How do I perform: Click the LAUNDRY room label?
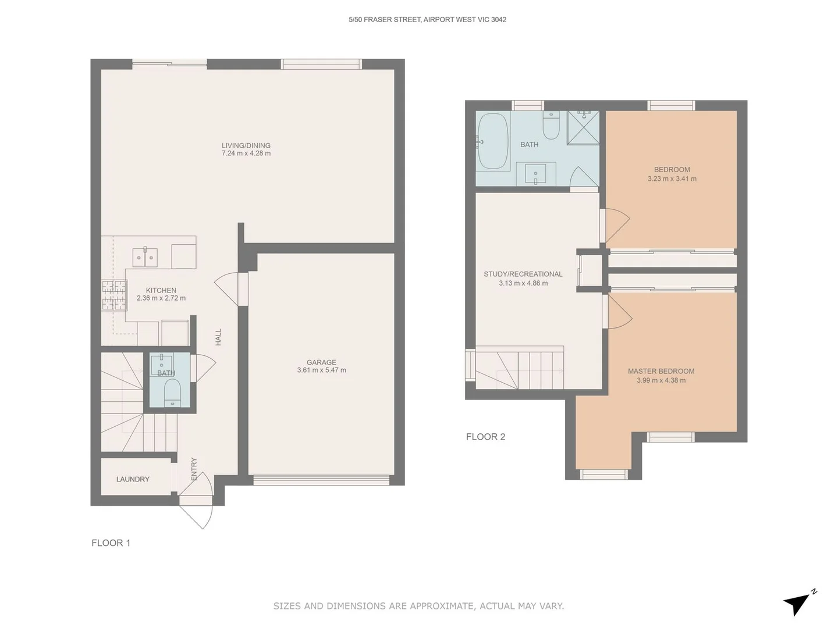click(x=133, y=479)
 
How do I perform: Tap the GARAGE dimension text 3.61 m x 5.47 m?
click(x=321, y=370)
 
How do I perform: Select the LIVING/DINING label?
click(x=246, y=145)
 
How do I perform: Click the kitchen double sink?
click(x=145, y=257)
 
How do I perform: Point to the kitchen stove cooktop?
click(x=114, y=295)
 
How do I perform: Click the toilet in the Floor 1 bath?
click(x=172, y=394)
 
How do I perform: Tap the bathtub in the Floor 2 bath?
click(x=492, y=141)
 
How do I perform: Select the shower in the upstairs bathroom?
click(x=583, y=127)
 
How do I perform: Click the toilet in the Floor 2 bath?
click(x=551, y=124)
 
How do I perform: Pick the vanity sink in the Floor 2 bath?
click(x=535, y=173)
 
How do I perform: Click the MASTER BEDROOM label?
click(x=661, y=371)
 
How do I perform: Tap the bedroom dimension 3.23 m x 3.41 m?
click(x=672, y=179)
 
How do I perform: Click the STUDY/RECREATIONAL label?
click(x=523, y=274)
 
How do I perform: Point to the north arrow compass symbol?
click(x=798, y=603)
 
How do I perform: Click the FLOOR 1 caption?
click(x=111, y=543)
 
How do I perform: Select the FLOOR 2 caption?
click(x=485, y=437)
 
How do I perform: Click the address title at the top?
click(x=427, y=20)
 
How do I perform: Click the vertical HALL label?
click(x=218, y=337)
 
